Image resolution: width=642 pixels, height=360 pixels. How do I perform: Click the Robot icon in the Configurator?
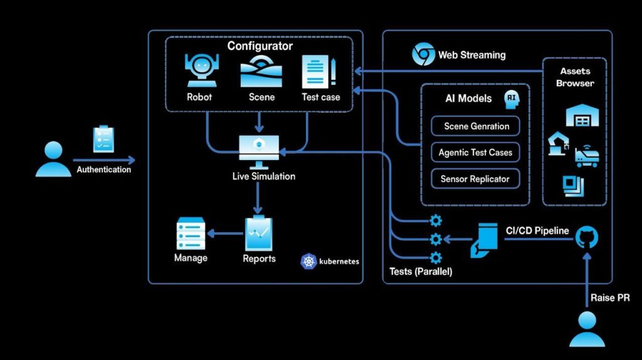coord(199,71)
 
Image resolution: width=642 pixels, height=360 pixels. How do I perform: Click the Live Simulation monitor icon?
coord(258,149)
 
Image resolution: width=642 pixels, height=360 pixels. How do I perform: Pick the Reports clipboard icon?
coord(259,233)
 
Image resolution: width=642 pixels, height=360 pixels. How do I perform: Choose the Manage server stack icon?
coord(191,233)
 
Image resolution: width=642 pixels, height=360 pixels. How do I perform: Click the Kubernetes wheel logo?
coord(308,262)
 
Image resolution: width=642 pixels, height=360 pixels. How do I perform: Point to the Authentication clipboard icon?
coord(103,139)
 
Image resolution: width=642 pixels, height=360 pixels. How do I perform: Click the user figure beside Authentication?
coord(53,159)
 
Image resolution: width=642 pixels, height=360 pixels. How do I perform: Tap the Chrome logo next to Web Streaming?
coord(423,55)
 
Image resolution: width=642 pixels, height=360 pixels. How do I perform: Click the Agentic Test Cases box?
coord(475,152)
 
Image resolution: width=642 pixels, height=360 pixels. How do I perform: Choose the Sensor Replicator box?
coord(475,179)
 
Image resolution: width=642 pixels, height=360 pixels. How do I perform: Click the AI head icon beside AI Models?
coord(513,98)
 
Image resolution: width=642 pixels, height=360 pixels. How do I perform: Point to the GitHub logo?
coord(587,238)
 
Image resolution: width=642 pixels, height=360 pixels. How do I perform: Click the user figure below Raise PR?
coord(587,330)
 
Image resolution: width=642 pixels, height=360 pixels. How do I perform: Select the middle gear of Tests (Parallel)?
coord(436,239)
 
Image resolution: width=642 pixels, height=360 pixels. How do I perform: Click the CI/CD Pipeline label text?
coord(537,231)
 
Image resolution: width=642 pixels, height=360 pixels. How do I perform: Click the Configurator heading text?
coord(260,46)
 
